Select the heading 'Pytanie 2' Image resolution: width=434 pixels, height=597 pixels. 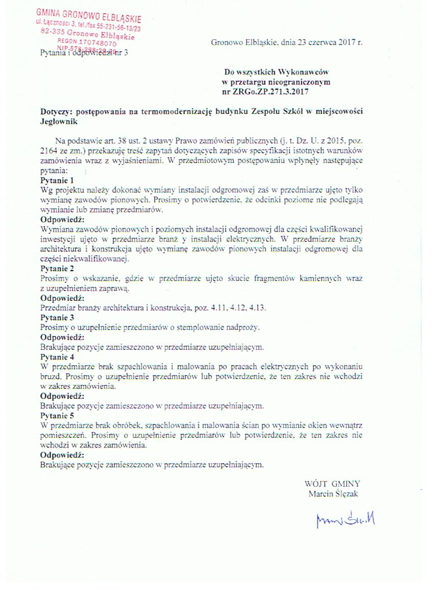pyautogui.click(x=57, y=268)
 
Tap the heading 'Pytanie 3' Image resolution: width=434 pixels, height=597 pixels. pyautogui.click(x=57, y=317)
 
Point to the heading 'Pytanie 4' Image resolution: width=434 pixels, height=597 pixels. pyautogui.click(x=57, y=356)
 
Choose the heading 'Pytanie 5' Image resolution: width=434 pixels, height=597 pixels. pyautogui.click(x=57, y=415)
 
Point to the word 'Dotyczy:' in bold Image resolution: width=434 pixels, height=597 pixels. pyautogui.click(x=55, y=112)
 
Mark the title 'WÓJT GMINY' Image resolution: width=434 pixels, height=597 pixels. pyautogui.click(x=332, y=483)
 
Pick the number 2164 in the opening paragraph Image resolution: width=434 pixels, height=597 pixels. pyautogui.click(x=49, y=151)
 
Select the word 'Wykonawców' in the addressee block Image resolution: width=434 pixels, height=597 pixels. pyautogui.click(x=297, y=73)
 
